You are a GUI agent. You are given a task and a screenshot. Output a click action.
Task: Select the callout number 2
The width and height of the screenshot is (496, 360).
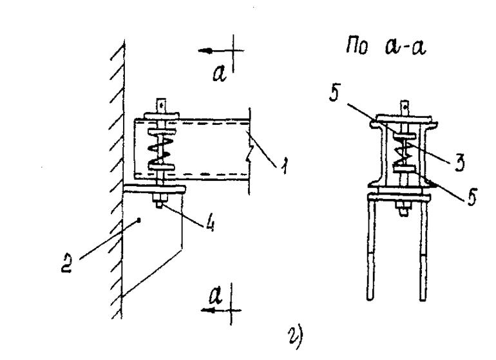click(68, 263)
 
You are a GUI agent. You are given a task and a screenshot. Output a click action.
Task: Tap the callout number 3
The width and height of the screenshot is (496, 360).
click(459, 162)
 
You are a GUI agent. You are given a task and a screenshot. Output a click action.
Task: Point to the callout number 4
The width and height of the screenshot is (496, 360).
click(210, 223)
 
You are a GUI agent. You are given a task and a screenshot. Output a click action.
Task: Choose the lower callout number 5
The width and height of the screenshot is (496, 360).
click(472, 197)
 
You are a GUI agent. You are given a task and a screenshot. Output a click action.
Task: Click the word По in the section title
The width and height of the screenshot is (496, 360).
click(358, 46)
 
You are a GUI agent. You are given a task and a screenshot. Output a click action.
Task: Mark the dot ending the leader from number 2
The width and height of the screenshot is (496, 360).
click(138, 221)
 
